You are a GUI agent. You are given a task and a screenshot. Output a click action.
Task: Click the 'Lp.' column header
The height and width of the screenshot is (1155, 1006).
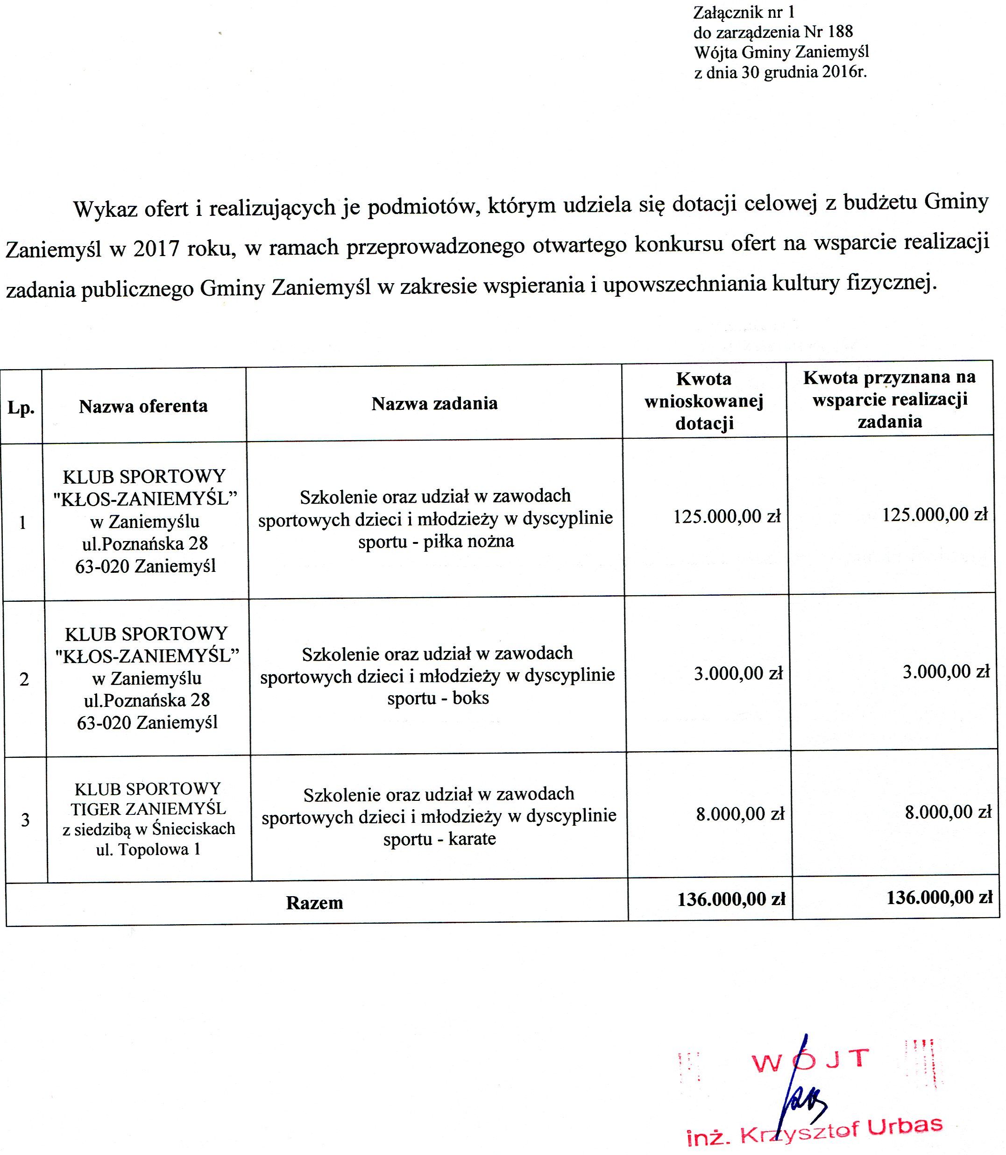pyautogui.click(x=21, y=409)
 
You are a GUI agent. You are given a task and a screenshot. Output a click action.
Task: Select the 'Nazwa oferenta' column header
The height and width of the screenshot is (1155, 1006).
pyautogui.click(x=143, y=406)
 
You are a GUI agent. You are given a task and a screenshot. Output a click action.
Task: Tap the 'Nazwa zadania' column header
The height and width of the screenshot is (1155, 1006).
pyautogui.click(x=434, y=403)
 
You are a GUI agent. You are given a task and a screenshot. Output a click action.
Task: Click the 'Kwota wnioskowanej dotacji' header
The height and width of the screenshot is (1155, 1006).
pyautogui.click(x=704, y=401)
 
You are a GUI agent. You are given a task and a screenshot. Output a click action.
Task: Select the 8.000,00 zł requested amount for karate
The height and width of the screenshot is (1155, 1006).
pyautogui.click(x=740, y=813)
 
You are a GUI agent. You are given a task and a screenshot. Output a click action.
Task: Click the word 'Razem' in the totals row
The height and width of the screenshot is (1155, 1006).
pyautogui.click(x=314, y=903)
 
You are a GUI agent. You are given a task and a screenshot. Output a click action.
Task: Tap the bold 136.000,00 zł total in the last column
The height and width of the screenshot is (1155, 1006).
pyautogui.click(x=940, y=897)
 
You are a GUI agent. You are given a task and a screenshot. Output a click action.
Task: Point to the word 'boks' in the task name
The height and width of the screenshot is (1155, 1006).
pyautogui.click(x=471, y=699)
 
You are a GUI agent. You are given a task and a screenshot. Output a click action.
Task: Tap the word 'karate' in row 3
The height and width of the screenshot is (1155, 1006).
pyautogui.click(x=472, y=839)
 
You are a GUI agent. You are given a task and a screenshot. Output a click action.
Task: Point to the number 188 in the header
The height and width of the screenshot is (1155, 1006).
pyautogui.click(x=840, y=32)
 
